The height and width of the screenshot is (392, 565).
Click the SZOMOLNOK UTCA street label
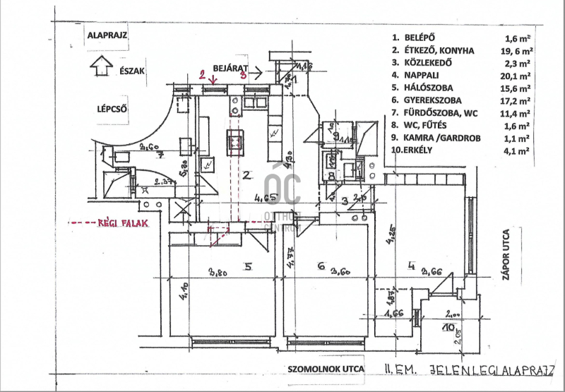327,368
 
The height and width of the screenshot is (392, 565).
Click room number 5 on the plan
247,266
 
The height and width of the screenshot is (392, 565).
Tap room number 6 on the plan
321,266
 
